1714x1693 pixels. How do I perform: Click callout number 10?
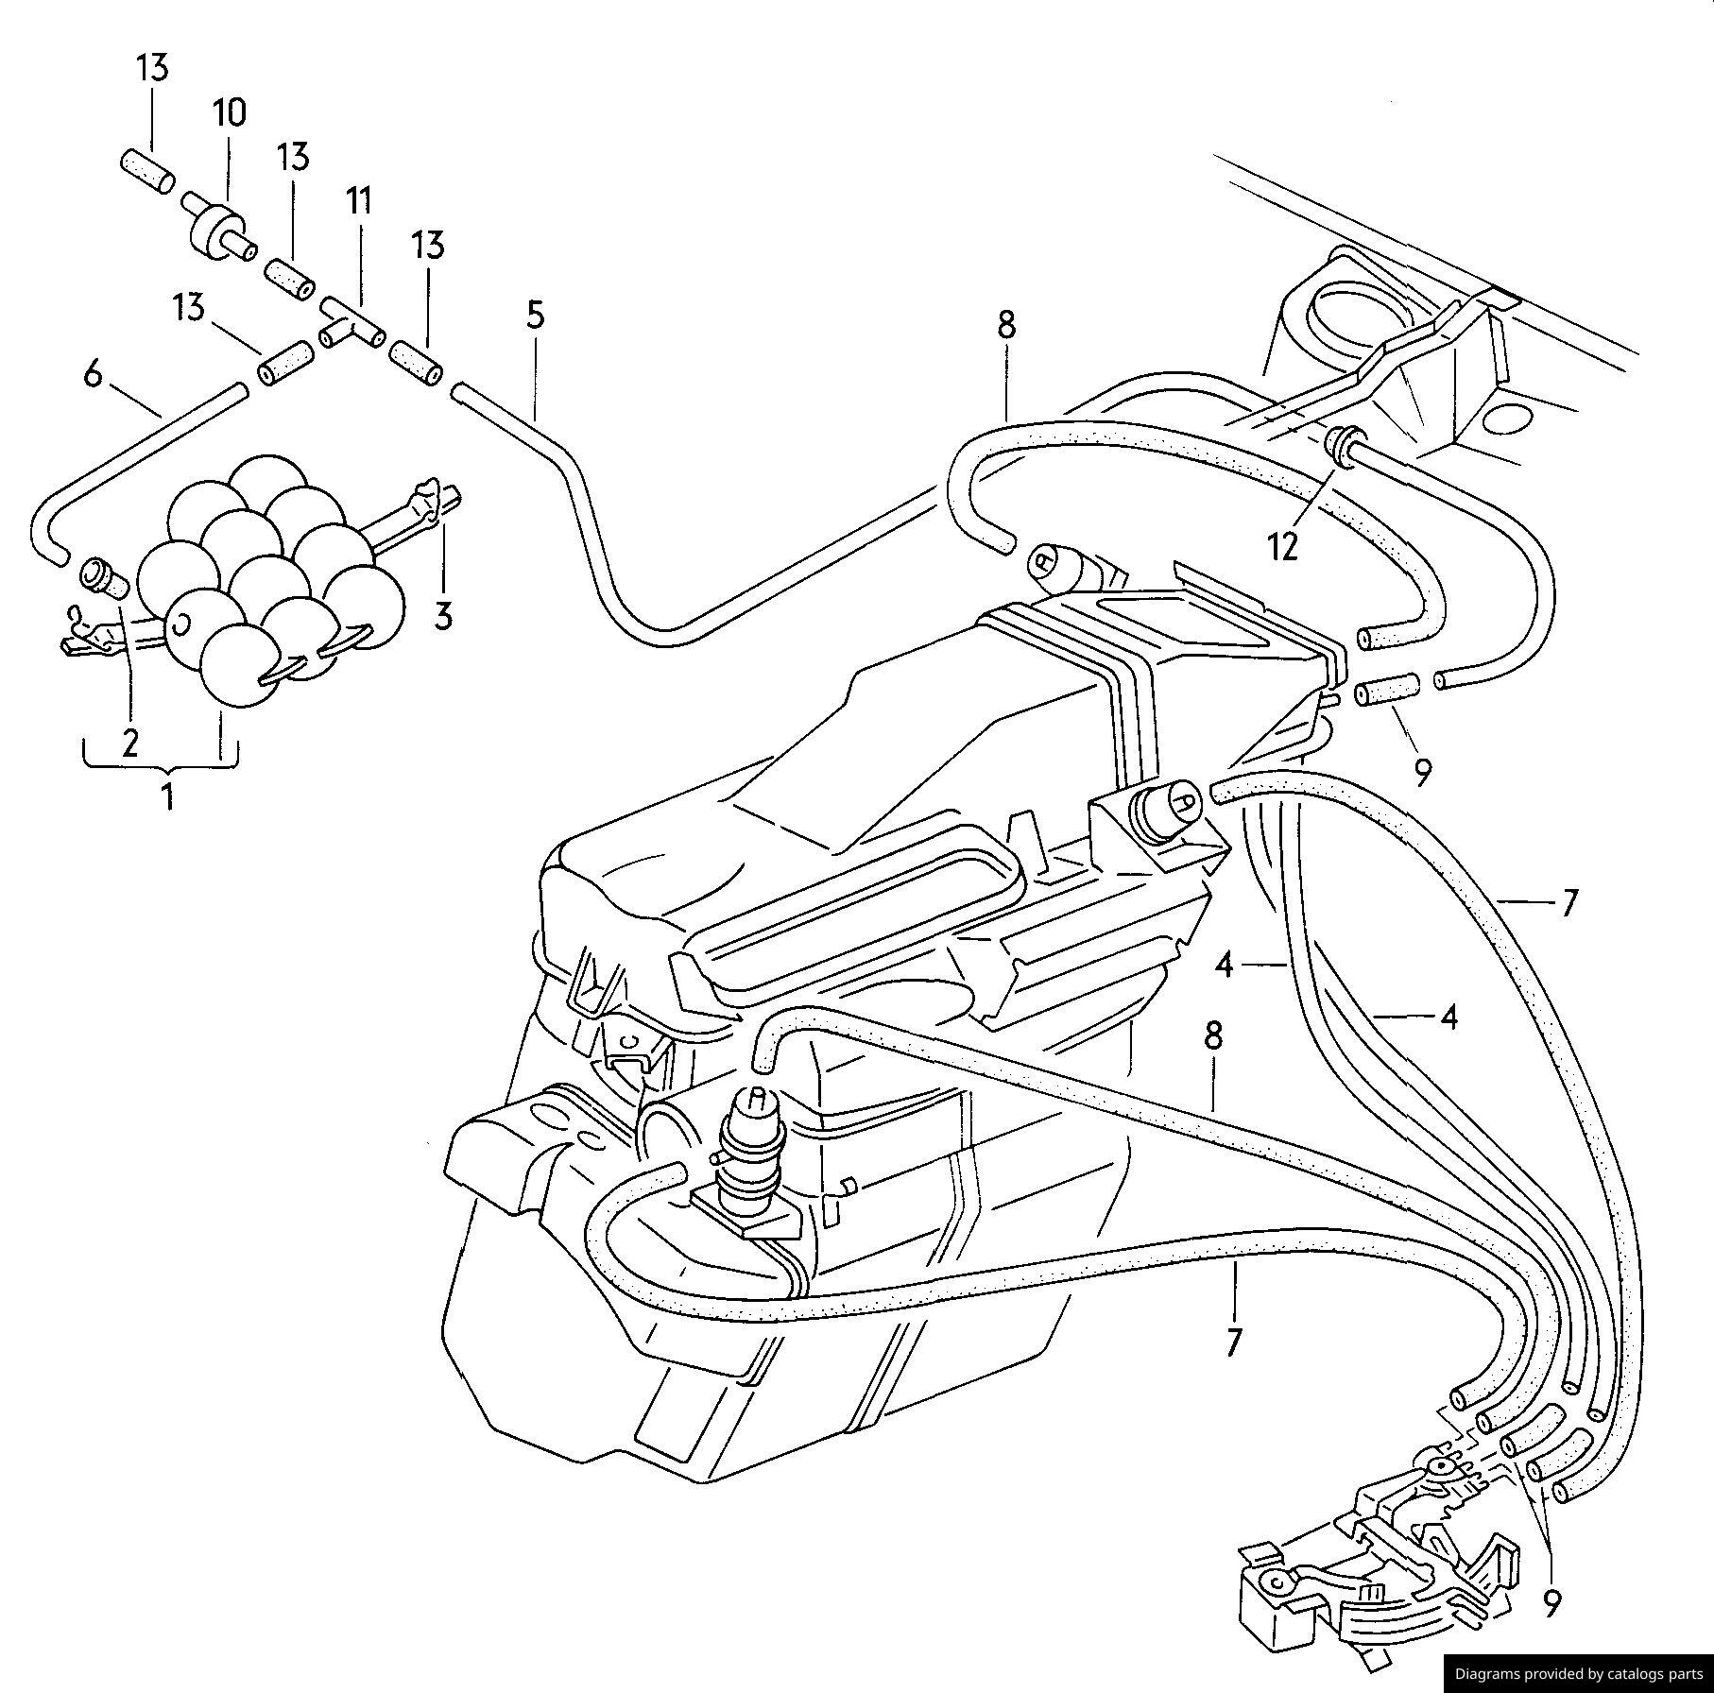click(229, 113)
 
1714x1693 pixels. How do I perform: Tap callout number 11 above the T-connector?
click(359, 201)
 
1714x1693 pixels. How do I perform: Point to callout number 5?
click(536, 315)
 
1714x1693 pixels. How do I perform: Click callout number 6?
click(93, 374)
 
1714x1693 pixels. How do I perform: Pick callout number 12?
click(1283, 547)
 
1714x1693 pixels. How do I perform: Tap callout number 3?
click(443, 615)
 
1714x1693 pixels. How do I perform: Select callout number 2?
click(129, 743)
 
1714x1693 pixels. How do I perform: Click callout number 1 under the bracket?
click(168, 796)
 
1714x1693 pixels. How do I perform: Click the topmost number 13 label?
click(151, 68)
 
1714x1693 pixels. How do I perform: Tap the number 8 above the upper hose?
click(1005, 325)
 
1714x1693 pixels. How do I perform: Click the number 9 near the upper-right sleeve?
click(1422, 772)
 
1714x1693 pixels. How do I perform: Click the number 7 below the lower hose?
click(1233, 1342)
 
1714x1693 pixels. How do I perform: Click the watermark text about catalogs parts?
click(1578, 1672)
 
